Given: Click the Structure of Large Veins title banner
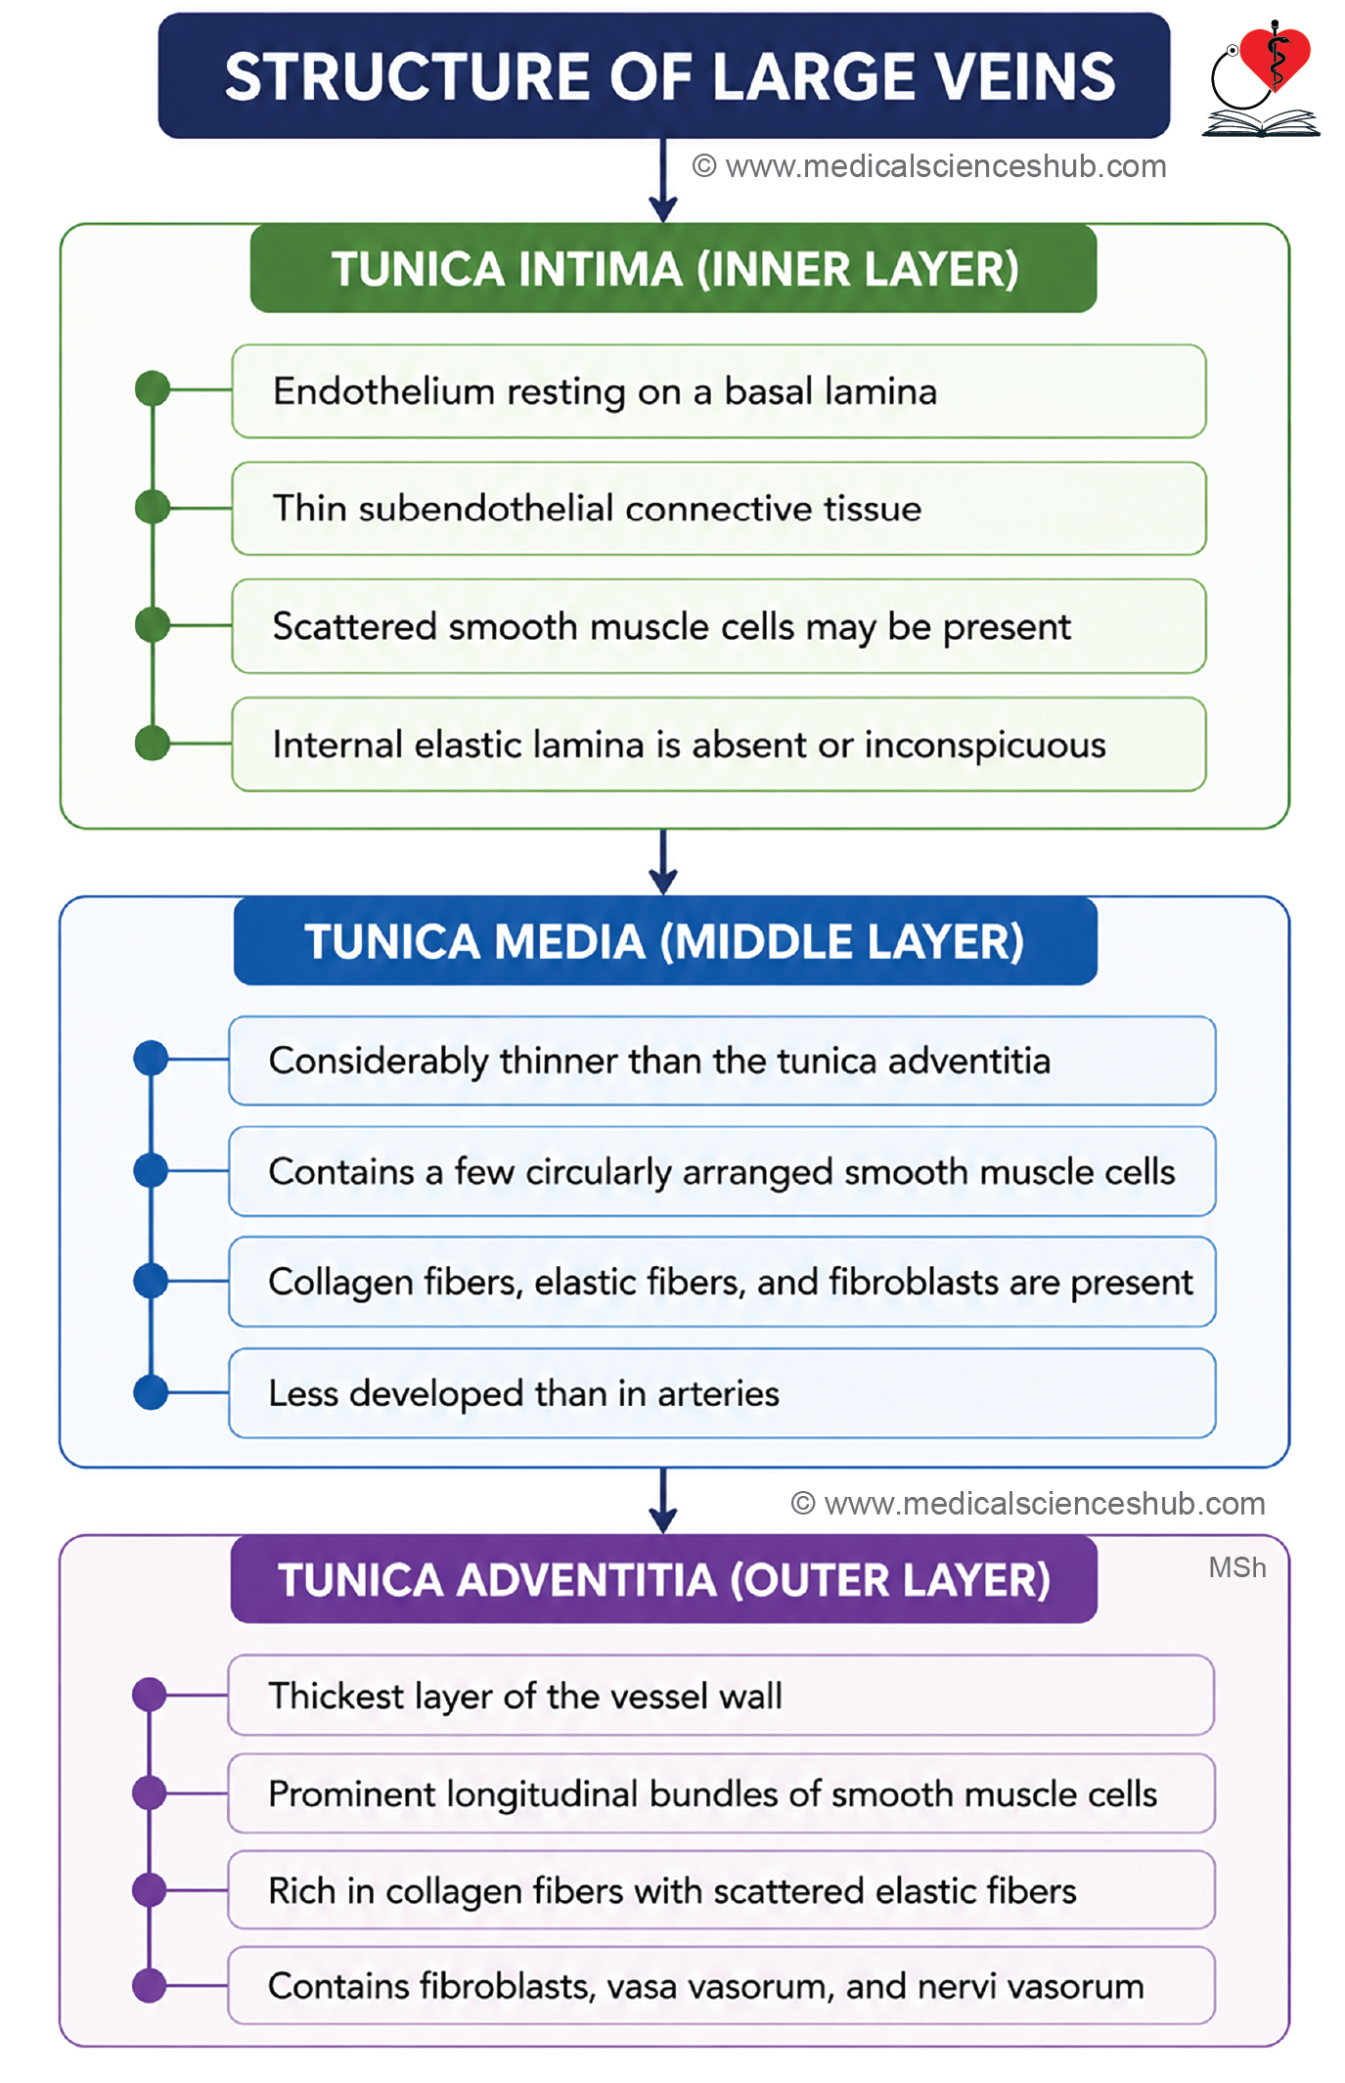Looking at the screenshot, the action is pyautogui.click(x=664, y=75).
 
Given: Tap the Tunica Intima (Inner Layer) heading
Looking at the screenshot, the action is pyautogui.click(x=673, y=268).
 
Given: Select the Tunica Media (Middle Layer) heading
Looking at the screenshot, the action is pyautogui.click(x=665, y=940).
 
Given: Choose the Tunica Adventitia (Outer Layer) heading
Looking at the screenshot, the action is pyautogui.click(x=664, y=1579).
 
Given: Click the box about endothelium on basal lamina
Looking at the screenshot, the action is pyautogui.click(x=719, y=391).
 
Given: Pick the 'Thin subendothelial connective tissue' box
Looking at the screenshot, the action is pyautogui.click(x=719, y=509).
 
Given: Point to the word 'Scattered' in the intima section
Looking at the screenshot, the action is pyautogui.click(x=355, y=626).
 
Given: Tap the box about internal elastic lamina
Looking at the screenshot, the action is pyautogui.click(x=719, y=745).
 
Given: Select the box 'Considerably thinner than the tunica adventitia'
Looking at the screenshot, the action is pyautogui.click(x=722, y=1061).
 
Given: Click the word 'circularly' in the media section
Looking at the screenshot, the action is pyautogui.click(x=599, y=1172).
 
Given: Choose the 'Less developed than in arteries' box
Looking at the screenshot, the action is pyautogui.click(x=722, y=1393).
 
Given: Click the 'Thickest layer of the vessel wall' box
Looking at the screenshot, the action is pyautogui.click(x=721, y=1696).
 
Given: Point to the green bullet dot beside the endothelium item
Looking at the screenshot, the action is pyautogui.click(x=153, y=389).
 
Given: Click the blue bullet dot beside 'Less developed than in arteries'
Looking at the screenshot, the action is pyautogui.click(x=151, y=1392).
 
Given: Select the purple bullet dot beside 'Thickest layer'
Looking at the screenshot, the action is pyautogui.click(x=150, y=1695).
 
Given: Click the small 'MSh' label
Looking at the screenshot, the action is pyautogui.click(x=1237, y=1567).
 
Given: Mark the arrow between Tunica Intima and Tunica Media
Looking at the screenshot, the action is pyautogui.click(x=663, y=862).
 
